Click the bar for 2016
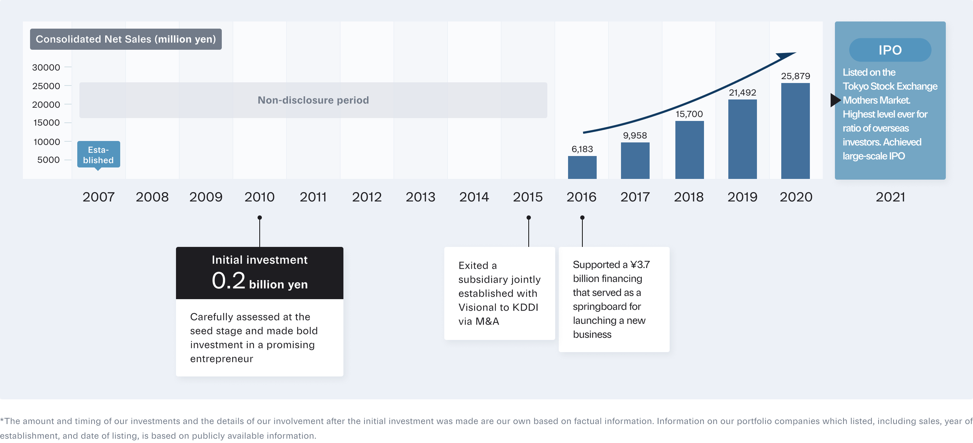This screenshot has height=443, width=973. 582,167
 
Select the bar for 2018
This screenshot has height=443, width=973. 689,150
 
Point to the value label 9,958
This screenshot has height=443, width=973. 635,135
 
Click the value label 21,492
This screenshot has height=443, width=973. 742,93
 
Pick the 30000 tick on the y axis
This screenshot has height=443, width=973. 46,67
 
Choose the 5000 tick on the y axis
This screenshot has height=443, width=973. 48,160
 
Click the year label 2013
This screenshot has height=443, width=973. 420,197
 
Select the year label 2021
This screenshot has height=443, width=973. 890,197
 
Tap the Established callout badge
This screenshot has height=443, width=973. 99,155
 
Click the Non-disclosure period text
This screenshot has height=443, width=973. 313,100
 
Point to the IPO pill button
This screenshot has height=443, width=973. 890,50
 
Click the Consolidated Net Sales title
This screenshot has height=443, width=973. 126,39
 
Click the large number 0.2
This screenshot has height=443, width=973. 229,281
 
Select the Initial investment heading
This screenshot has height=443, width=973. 259,260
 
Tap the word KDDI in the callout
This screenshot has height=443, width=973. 525,307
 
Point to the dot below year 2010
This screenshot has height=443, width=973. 259,218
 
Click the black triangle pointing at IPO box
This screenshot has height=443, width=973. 835,100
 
